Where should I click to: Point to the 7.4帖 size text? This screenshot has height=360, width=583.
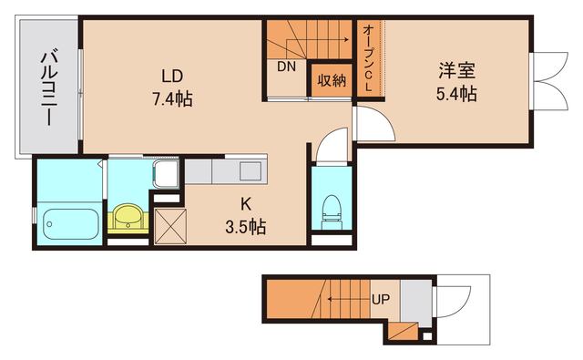pos(173,99)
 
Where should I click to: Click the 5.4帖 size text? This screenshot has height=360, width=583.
pos(455,92)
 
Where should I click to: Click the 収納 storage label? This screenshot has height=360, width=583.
pos(332,80)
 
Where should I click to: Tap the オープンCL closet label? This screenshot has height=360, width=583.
pos(367,57)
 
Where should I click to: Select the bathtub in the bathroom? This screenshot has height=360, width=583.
pos(70,223)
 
